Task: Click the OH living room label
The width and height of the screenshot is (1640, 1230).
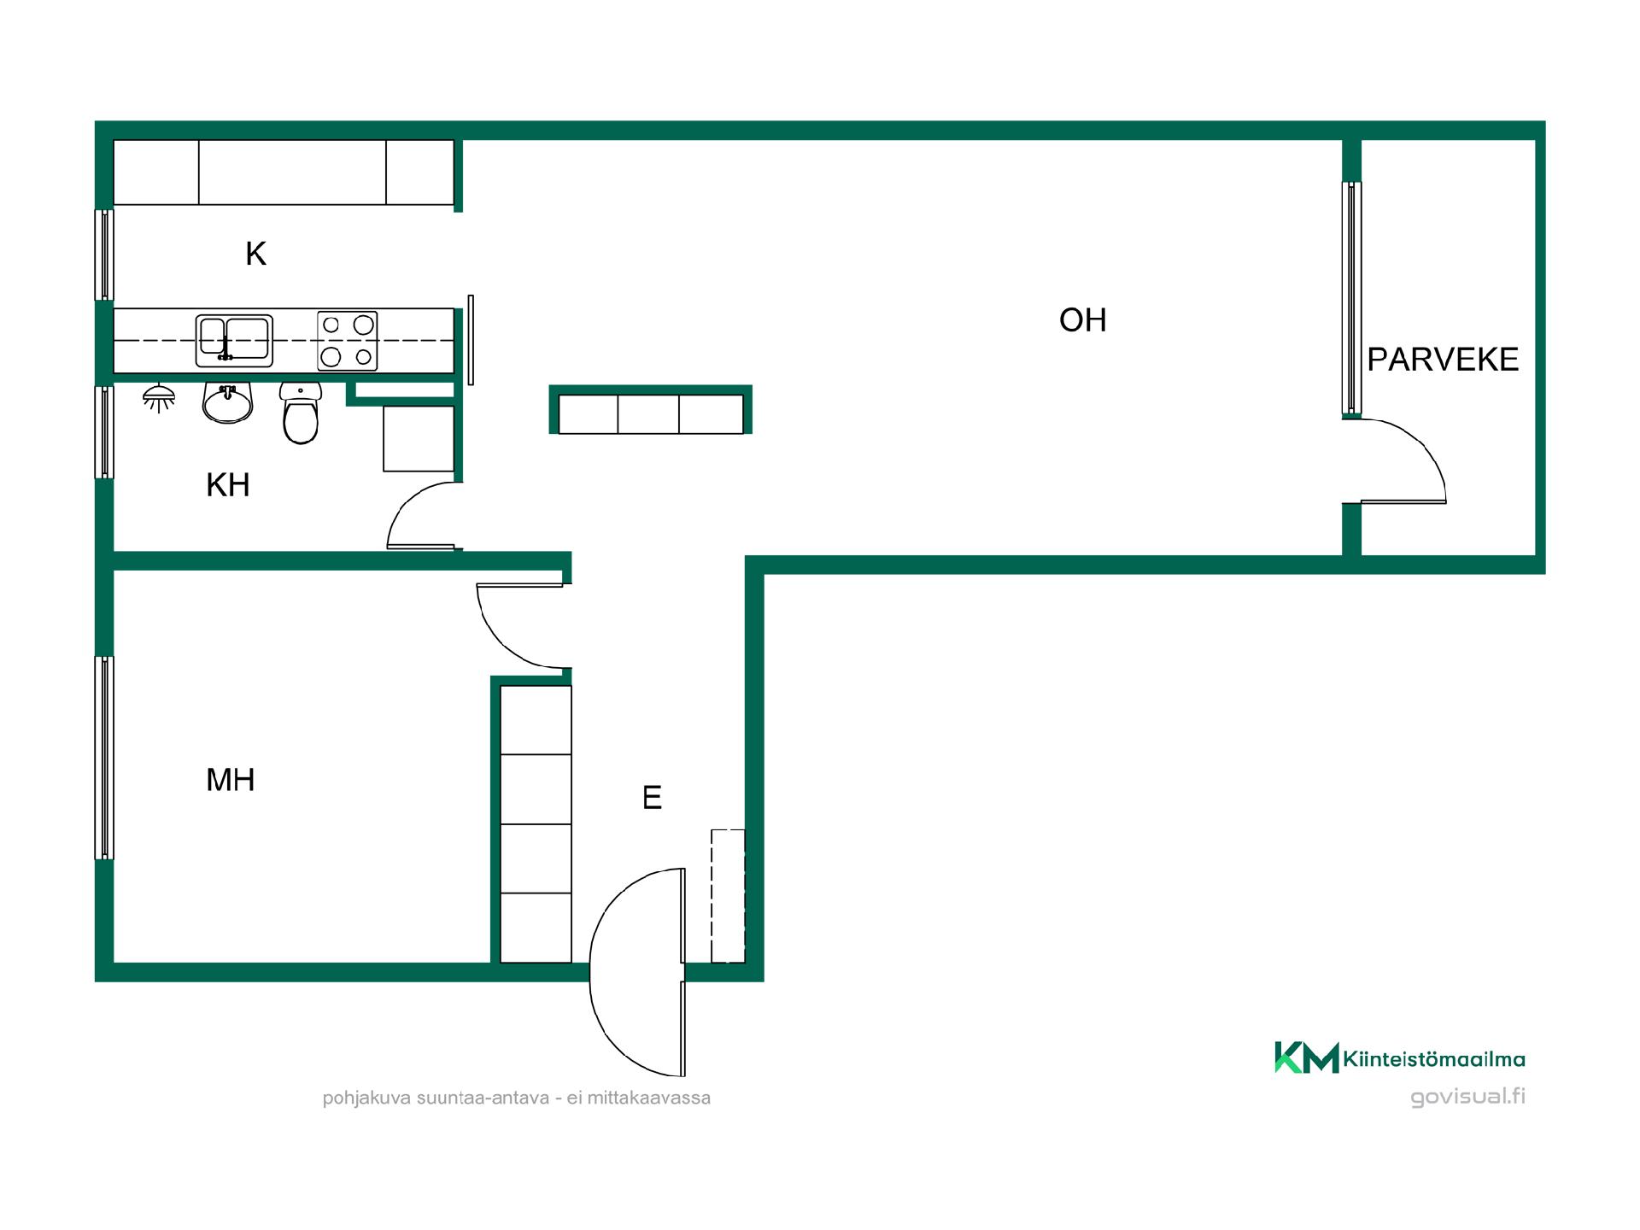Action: click(1082, 320)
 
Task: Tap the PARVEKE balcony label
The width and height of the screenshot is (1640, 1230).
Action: click(1443, 360)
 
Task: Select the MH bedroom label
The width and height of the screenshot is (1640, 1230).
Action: click(231, 780)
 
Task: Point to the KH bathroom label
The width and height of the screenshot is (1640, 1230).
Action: click(228, 485)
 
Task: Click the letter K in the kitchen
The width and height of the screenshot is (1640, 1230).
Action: click(255, 254)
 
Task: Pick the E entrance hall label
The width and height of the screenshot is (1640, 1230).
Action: click(652, 798)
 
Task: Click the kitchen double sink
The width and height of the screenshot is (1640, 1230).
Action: click(234, 341)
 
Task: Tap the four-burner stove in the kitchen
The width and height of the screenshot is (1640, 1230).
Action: click(348, 341)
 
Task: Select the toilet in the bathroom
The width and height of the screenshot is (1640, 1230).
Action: click(301, 413)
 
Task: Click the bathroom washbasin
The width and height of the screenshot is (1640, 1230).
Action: click(227, 403)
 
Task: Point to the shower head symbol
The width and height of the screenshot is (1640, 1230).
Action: click(159, 398)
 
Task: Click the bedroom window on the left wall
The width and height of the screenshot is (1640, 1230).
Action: click(104, 758)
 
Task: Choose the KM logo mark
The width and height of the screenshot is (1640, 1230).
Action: click(1306, 1057)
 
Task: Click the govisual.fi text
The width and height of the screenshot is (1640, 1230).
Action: click(1467, 1097)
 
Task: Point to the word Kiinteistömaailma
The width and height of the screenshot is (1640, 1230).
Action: click(1434, 1060)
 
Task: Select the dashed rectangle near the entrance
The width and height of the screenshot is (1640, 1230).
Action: click(728, 896)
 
